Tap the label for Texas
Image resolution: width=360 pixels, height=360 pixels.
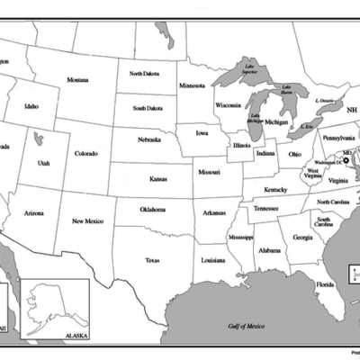152,260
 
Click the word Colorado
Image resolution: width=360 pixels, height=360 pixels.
86,153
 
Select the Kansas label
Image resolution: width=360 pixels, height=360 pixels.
158,178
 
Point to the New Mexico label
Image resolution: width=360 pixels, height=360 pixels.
88,220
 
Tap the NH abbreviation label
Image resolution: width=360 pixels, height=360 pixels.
351,109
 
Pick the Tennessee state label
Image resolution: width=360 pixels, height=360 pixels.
265,208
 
